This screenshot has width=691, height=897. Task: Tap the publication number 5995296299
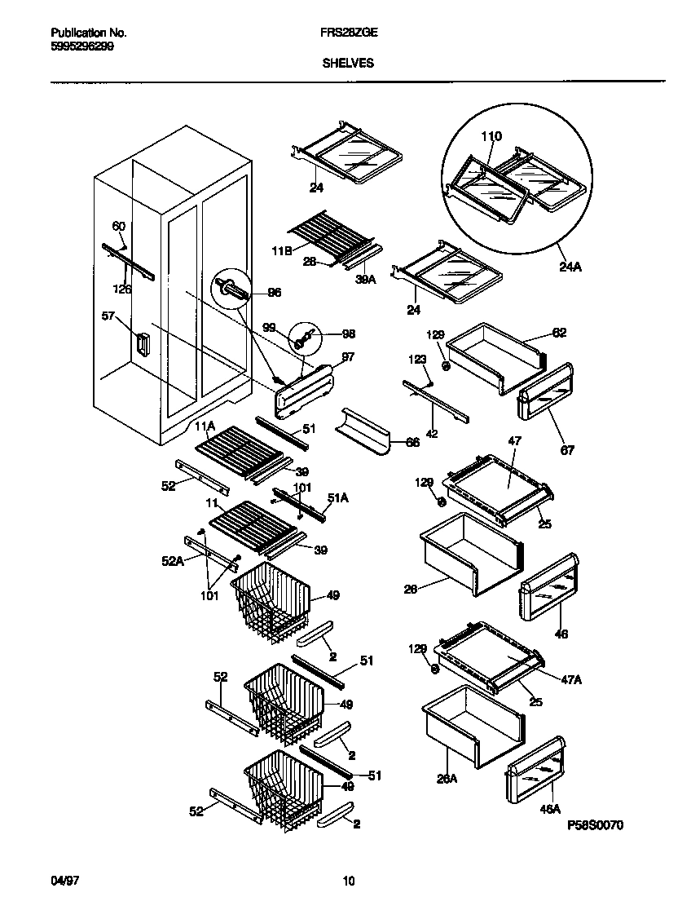82,46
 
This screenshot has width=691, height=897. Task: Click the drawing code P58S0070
595,825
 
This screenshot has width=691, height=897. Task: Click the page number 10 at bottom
348,881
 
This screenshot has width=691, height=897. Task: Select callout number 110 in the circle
491,136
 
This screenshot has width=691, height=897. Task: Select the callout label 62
559,333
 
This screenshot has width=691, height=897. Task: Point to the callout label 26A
447,779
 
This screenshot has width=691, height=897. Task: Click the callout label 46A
550,809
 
